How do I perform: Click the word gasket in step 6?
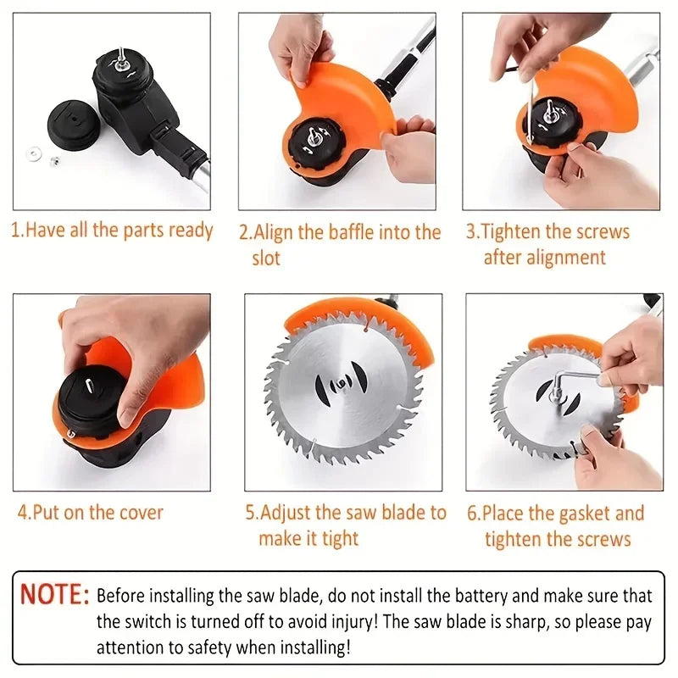coord(581,513)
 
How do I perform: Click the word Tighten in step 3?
coord(513,232)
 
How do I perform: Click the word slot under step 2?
coord(265,258)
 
